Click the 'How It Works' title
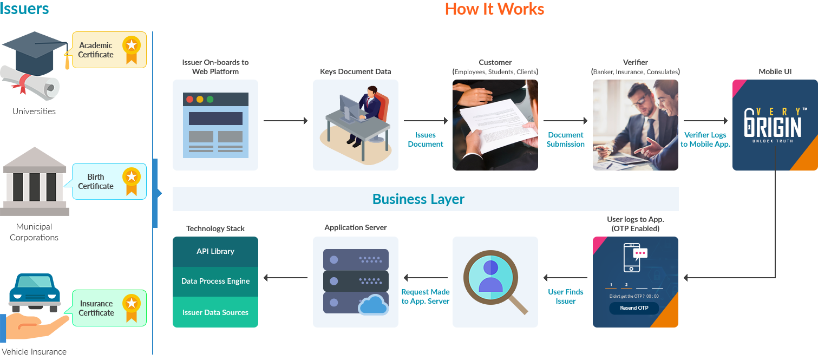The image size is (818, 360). [494, 9]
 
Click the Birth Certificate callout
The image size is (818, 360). [109, 181]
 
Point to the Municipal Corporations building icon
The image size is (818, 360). [35, 181]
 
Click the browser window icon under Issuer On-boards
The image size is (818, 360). [215, 125]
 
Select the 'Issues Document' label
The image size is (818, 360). [426, 140]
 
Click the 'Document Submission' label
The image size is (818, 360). [565, 140]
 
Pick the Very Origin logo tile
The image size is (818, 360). [775, 125]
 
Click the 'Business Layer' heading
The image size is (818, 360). [418, 199]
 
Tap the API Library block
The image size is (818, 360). [215, 251]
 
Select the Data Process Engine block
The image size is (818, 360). [215, 281]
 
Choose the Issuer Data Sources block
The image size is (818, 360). [215, 312]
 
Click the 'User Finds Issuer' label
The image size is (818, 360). [566, 297]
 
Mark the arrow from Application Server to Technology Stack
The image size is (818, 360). [285, 278]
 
